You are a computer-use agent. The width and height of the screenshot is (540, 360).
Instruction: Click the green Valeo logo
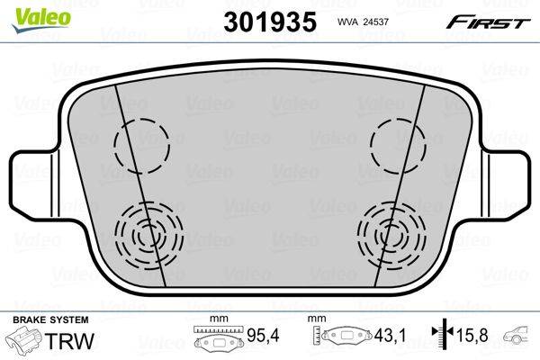coord(41,19)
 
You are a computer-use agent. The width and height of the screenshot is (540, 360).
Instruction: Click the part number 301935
coord(270,22)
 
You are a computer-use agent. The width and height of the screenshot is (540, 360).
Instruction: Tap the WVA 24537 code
coord(363,22)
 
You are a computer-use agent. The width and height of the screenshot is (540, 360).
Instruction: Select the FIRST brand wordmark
coord(488,22)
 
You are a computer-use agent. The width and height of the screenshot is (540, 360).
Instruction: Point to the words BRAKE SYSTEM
coord(50,319)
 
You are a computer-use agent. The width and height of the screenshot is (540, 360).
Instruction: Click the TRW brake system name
coord(69,341)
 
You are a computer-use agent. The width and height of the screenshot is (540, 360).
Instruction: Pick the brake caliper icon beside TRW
coord(23,339)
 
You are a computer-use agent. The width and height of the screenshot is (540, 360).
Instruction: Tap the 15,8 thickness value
coord(472,335)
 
